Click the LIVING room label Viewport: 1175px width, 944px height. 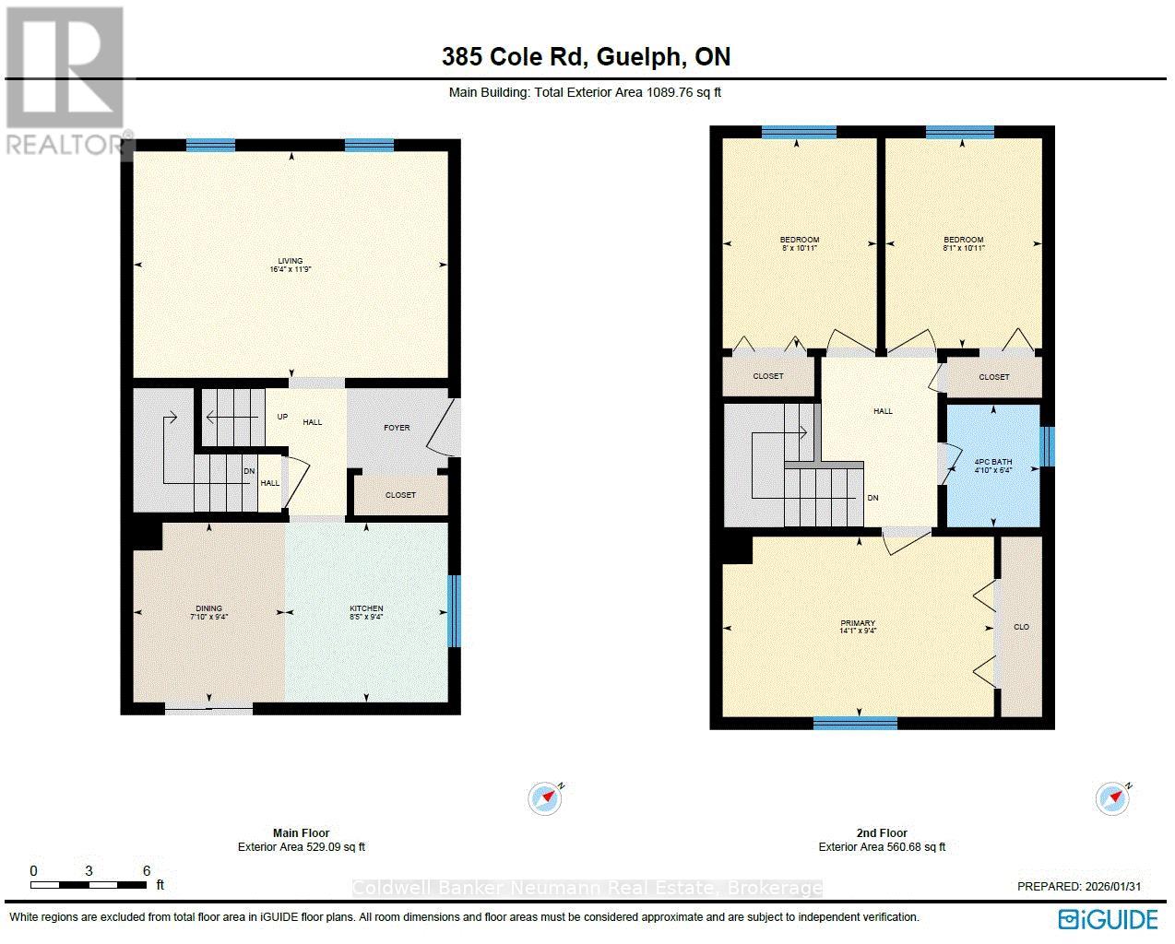pyautogui.click(x=291, y=261)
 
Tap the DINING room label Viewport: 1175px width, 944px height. pyautogui.click(x=208, y=608)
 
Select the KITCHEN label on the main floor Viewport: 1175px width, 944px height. pyautogui.click(x=366, y=608)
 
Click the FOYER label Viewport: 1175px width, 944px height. pyautogui.click(x=397, y=428)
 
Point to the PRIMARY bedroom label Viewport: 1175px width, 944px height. pyautogui.click(x=858, y=623)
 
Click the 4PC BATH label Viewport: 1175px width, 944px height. pyautogui.click(x=992, y=464)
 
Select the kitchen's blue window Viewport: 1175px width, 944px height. pyautogui.click(x=453, y=611)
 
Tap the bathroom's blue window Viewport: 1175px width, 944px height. pyautogui.click(x=1046, y=446)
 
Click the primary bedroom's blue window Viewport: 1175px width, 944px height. pyautogui.click(x=855, y=723)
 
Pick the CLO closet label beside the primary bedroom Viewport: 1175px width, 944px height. pyautogui.click(x=1021, y=627)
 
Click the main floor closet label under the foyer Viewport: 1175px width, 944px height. pyautogui.click(x=400, y=495)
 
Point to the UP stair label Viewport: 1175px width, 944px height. pyautogui.click(x=283, y=417)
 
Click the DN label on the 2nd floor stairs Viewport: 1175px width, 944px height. pyautogui.click(x=872, y=498)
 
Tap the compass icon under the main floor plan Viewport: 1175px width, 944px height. pyautogui.click(x=545, y=798)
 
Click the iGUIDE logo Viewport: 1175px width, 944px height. pyautogui.click(x=1108, y=919)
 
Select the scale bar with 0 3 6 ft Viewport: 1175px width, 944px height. pyautogui.click(x=89, y=884)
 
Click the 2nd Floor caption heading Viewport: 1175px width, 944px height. pyautogui.click(x=882, y=832)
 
